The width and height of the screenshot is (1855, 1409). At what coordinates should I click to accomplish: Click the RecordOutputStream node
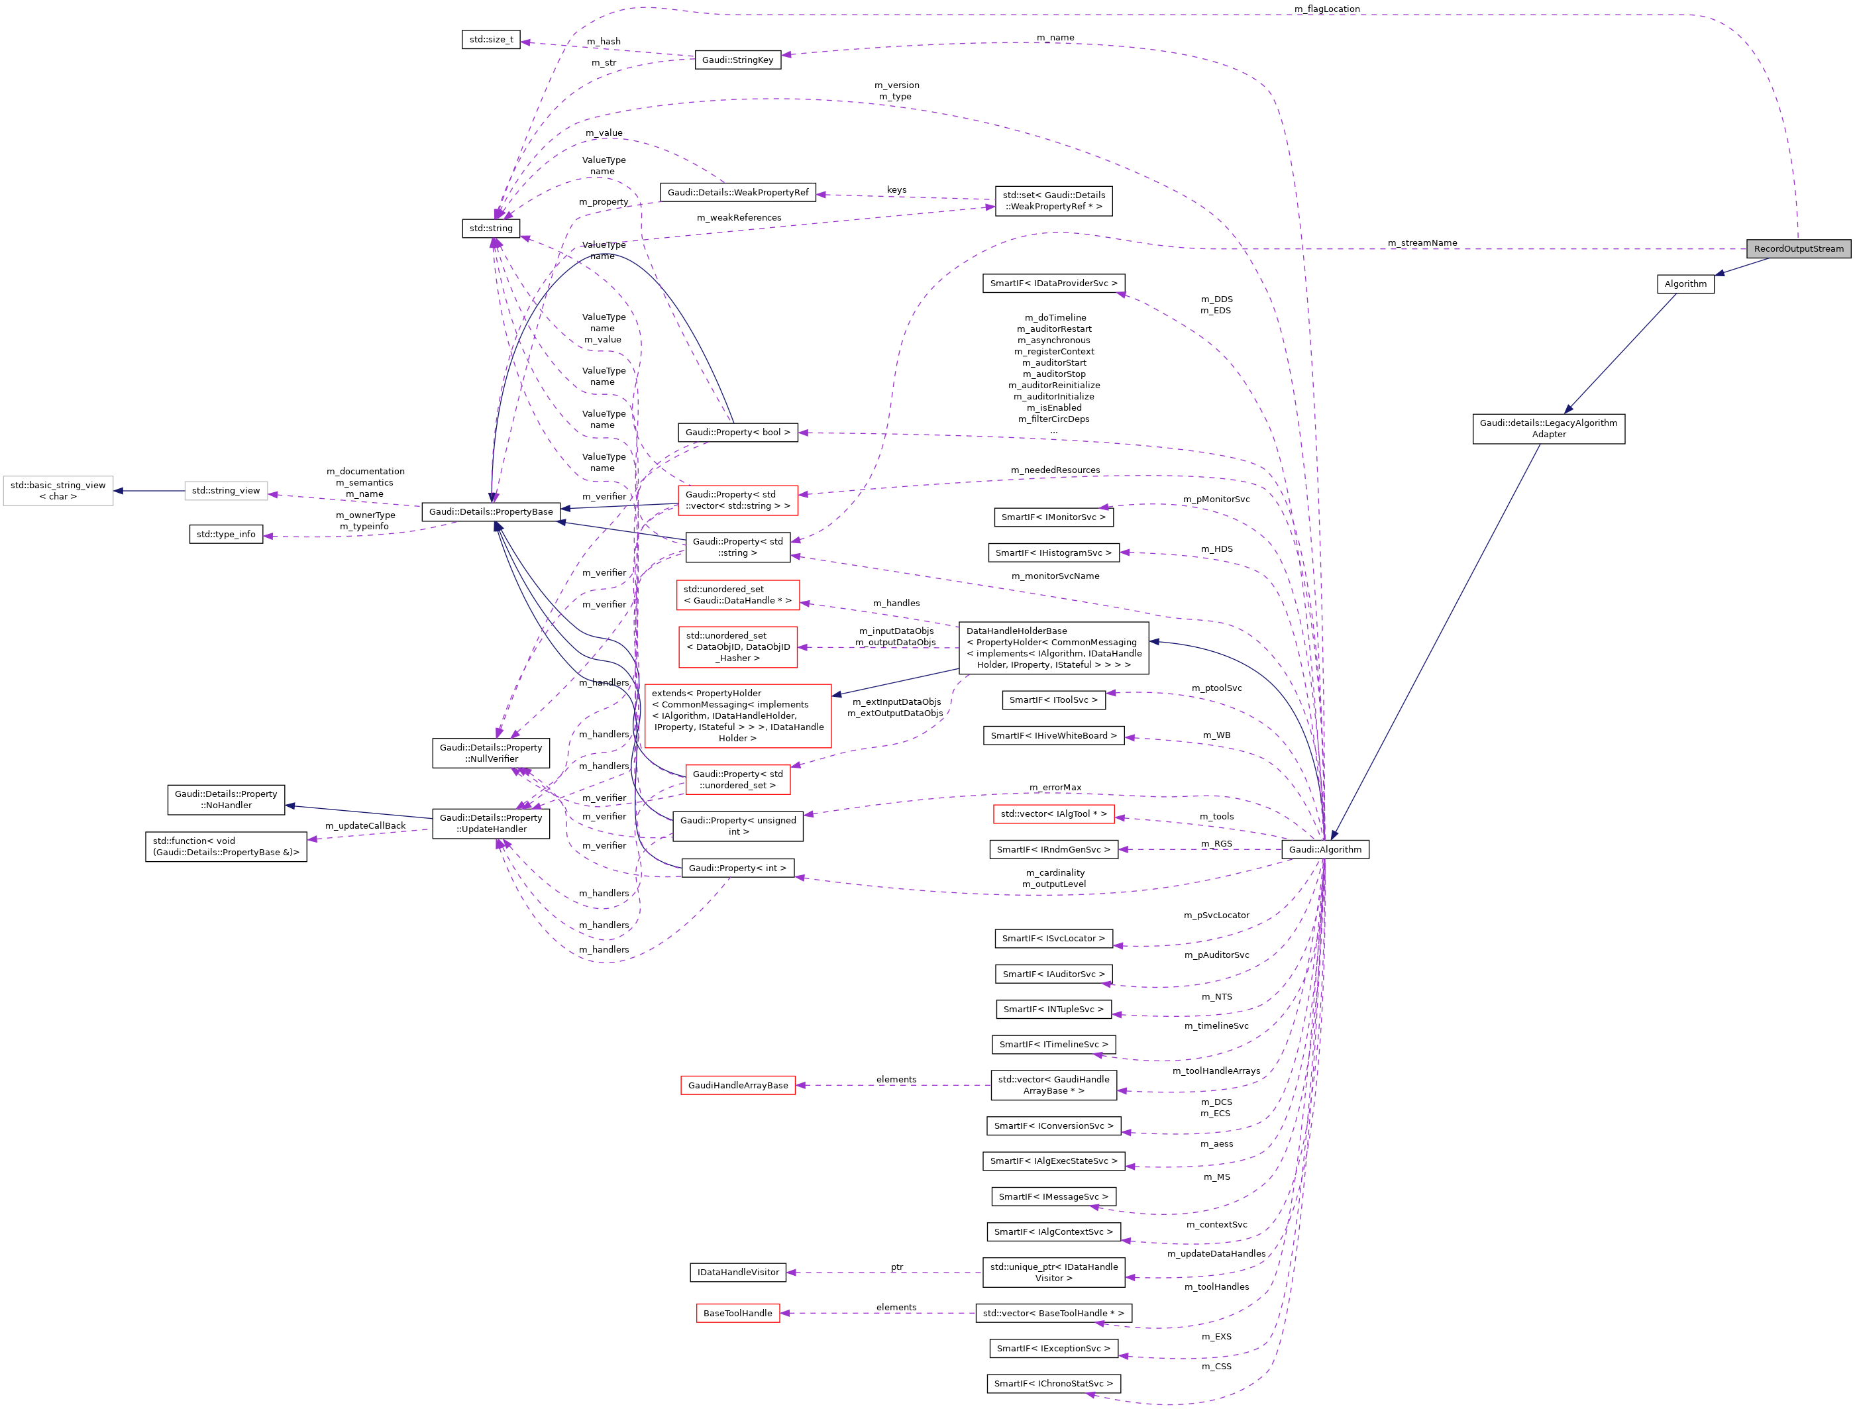[x=1798, y=248]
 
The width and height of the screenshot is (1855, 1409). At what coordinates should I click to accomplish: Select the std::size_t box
[x=491, y=40]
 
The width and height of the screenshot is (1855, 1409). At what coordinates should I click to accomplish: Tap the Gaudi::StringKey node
[x=737, y=60]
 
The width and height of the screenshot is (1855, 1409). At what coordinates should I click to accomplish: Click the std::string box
[x=491, y=228]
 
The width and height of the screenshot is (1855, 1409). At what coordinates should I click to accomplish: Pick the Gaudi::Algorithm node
[x=1325, y=850]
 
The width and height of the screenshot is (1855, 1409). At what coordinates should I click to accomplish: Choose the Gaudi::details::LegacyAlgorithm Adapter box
[x=1548, y=429]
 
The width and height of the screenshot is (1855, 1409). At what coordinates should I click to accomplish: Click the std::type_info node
[x=226, y=534]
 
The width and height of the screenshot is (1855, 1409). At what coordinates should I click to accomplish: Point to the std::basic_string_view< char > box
[x=58, y=491]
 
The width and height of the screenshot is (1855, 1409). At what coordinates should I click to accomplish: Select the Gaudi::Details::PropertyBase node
[x=491, y=511]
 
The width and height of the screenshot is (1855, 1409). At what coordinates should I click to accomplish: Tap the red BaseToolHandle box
[x=737, y=1314]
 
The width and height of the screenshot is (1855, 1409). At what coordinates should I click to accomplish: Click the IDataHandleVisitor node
[x=738, y=1273]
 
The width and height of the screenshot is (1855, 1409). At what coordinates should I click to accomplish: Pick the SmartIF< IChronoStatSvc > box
[x=1053, y=1384]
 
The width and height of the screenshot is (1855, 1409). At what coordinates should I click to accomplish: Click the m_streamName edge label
[x=1422, y=243]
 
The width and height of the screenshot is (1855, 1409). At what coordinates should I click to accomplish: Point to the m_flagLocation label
[x=1327, y=9]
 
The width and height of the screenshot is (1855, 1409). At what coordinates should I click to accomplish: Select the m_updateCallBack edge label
[x=365, y=826]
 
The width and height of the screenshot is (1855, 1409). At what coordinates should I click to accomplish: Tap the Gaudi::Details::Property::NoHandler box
[x=226, y=800]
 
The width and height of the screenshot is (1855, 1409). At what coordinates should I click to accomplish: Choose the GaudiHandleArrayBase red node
[x=738, y=1085]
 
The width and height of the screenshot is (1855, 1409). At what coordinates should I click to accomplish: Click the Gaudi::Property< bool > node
[x=737, y=432]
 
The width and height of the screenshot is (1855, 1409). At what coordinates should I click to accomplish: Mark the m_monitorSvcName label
[x=1055, y=576]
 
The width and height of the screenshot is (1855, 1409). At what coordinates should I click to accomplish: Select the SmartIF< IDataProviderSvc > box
[x=1053, y=284]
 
